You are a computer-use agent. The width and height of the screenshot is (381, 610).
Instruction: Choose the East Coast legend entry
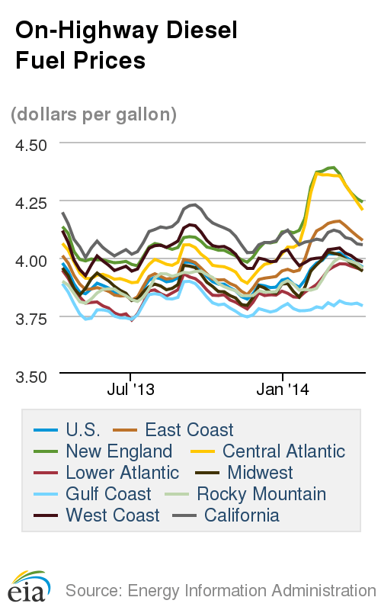[189, 430]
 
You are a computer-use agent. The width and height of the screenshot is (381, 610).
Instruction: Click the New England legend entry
[119, 451]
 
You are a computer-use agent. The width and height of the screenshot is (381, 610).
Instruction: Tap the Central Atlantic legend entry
[283, 451]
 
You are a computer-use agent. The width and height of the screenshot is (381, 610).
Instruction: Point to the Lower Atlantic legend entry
[122, 473]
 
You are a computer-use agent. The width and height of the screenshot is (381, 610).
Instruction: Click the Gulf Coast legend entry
[108, 494]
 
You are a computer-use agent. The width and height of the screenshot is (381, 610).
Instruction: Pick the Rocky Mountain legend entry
[261, 494]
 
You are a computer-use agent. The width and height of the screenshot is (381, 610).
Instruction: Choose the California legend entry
[242, 515]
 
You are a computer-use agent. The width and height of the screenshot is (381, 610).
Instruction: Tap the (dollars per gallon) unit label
[94, 114]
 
